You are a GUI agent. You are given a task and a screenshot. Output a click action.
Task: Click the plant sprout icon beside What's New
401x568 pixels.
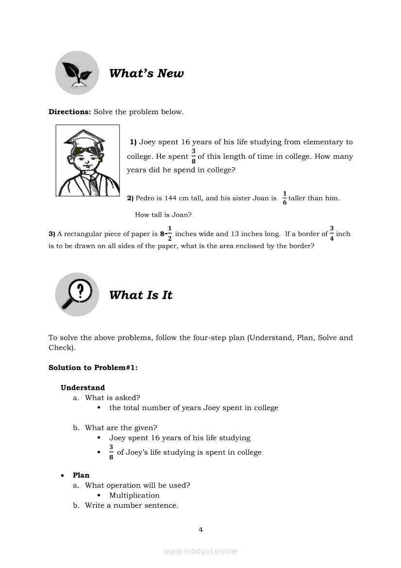[x=77, y=73]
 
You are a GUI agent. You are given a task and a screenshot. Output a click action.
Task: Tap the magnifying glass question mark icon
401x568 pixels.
[x=77, y=294]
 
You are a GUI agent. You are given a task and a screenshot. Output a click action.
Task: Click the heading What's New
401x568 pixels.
[x=146, y=73]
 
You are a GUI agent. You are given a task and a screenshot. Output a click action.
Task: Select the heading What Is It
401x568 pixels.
[x=141, y=295]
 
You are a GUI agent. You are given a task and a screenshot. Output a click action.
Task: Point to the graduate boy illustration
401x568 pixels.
[x=88, y=160]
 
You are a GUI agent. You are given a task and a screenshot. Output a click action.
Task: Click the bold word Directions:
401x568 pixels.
[x=70, y=112]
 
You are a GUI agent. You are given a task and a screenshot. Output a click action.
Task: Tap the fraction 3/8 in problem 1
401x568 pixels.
[x=193, y=156]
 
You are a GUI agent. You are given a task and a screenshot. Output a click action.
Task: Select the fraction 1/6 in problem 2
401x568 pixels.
[x=284, y=198]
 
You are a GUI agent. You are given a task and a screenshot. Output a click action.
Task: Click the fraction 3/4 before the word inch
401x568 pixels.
[x=332, y=234]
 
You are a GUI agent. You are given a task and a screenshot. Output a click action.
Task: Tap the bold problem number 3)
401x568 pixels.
[x=52, y=234]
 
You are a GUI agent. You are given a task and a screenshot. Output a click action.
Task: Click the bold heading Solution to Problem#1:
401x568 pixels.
[x=93, y=367]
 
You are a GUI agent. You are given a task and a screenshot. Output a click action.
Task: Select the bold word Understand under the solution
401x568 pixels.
[x=83, y=387]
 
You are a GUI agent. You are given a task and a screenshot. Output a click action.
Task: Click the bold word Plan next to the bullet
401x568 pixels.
[x=81, y=475]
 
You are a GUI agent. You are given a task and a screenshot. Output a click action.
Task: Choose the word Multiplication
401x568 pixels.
[x=134, y=495]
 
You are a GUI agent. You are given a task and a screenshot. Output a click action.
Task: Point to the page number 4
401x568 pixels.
[x=200, y=530]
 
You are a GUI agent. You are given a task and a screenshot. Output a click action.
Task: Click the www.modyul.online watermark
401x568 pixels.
[x=200, y=551]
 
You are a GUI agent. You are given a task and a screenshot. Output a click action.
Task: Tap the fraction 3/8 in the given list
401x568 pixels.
[x=111, y=452]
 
